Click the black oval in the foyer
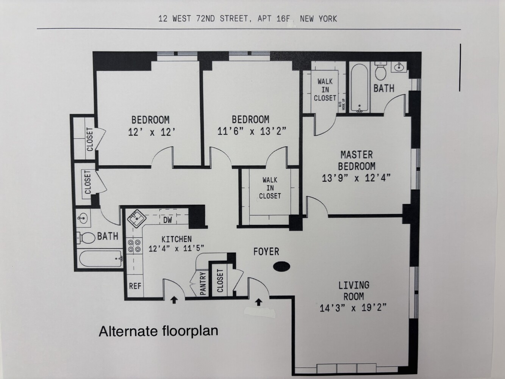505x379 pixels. (281, 267)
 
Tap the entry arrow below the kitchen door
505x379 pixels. (174, 300)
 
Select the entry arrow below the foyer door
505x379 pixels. (259, 302)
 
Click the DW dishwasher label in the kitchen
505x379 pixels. (168, 220)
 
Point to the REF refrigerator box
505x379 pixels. (135, 286)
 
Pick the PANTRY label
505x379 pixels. (203, 283)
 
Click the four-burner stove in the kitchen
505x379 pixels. (134, 246)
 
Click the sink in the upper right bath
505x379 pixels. (399, 67)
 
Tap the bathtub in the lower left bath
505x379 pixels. (100, 259)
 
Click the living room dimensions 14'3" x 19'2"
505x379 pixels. (353, 308)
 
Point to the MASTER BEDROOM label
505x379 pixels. (356, 160)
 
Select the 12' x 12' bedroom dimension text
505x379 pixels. (150, 132)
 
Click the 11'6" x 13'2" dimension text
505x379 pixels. (252, 131)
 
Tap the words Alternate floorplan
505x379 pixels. (158, 331)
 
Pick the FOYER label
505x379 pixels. (266, 251)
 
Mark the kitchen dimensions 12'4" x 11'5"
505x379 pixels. (176, 249)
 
